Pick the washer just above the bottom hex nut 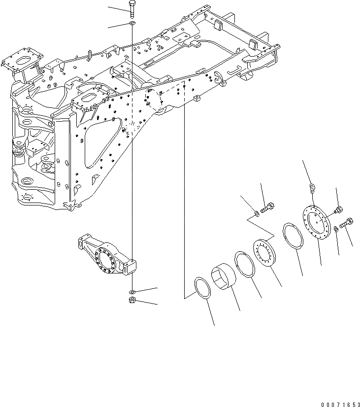[132, 291]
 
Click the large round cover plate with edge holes [316, 221]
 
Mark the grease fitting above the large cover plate [312, 187]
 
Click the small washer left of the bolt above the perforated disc [257, 213]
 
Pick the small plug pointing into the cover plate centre [338, 210]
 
